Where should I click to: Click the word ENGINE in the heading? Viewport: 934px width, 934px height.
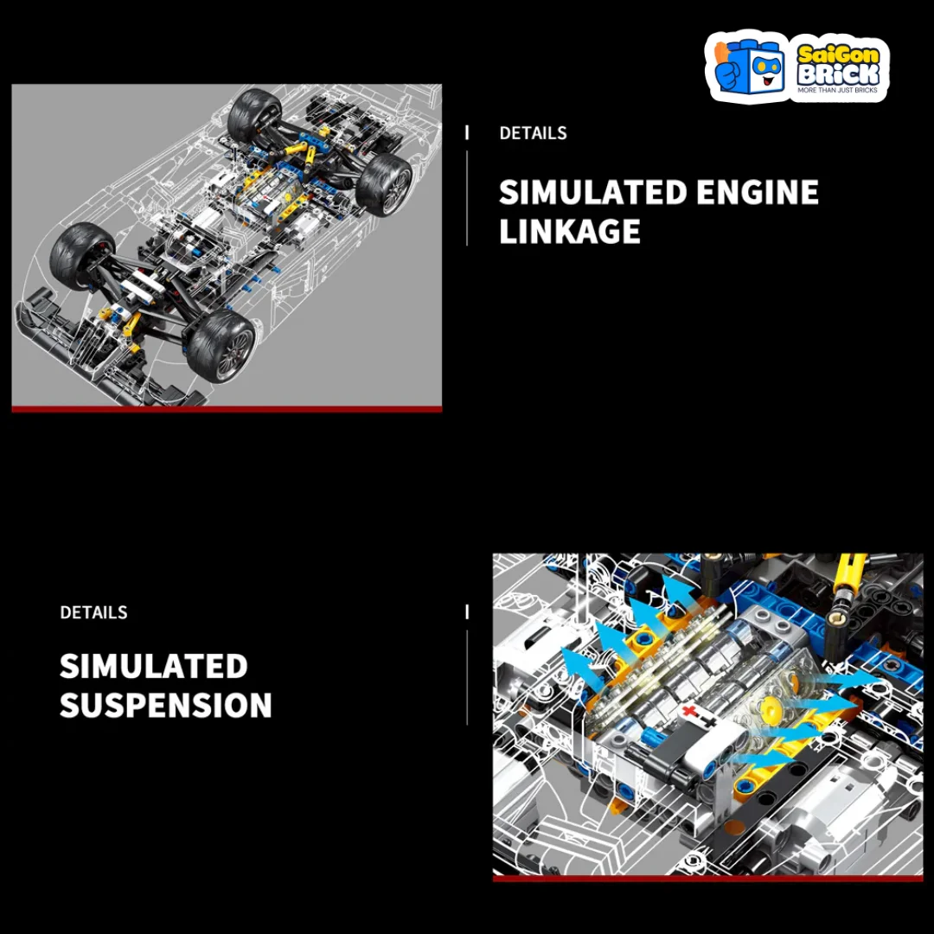pos(757,192)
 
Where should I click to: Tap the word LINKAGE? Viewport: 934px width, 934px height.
pos(569,231)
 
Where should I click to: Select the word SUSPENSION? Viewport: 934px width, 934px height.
pos(165,706)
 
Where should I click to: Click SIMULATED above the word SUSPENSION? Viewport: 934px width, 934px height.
pos(154,666)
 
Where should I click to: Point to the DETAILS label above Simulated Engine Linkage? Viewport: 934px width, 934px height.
pos(533,133)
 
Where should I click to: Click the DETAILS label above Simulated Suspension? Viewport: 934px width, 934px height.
pos(93,612)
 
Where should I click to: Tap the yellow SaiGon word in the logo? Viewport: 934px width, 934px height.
pos(838,54)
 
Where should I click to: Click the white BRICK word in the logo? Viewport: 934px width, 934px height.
pos(838,74)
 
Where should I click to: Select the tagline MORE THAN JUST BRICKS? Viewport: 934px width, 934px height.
pos(837,90)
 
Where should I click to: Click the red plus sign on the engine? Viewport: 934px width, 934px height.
pos(690,711)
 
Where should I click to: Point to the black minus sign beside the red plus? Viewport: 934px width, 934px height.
pos(708,722)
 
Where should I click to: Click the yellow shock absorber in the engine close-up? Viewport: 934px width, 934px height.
pos(844,592)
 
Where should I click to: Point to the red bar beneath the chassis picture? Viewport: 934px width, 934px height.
pos(227,409)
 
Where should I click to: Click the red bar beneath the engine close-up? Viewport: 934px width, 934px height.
pos(707,878)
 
